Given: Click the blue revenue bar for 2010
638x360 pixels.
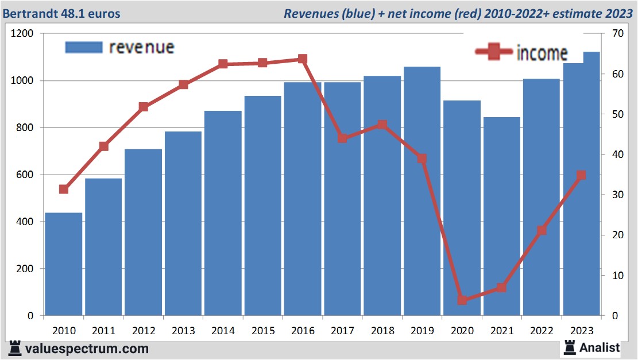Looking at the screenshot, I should (64, 264).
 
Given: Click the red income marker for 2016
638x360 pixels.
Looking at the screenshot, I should (303, 59).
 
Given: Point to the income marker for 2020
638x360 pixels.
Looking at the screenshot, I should (462, 300).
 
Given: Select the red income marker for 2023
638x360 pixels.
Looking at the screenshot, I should (581, 175).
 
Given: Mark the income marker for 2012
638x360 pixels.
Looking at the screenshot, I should (144, 107).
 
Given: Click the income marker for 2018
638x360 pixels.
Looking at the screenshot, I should (382, 125).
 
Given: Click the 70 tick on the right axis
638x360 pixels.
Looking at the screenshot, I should (617, 34).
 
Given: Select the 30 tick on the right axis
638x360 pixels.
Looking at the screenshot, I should (617, 195).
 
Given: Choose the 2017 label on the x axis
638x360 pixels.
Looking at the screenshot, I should (343, 331).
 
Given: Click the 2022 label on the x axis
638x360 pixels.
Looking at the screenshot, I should (542, 331).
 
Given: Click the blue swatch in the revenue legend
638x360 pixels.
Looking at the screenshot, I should (84, 47).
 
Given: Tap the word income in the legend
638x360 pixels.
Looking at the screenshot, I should (542, 53).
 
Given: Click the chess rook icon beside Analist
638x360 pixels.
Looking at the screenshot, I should (569, 347).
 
